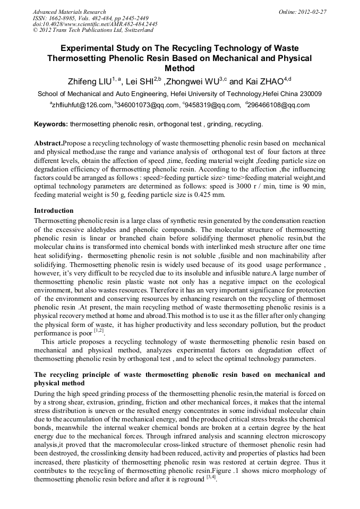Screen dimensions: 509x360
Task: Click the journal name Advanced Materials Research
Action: [x=69, y=12]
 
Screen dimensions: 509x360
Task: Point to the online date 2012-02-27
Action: [x=312, y=12]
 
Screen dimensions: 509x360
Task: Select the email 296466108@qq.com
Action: [x=279, y=105]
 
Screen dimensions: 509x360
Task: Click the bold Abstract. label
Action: [x=48, y=143]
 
